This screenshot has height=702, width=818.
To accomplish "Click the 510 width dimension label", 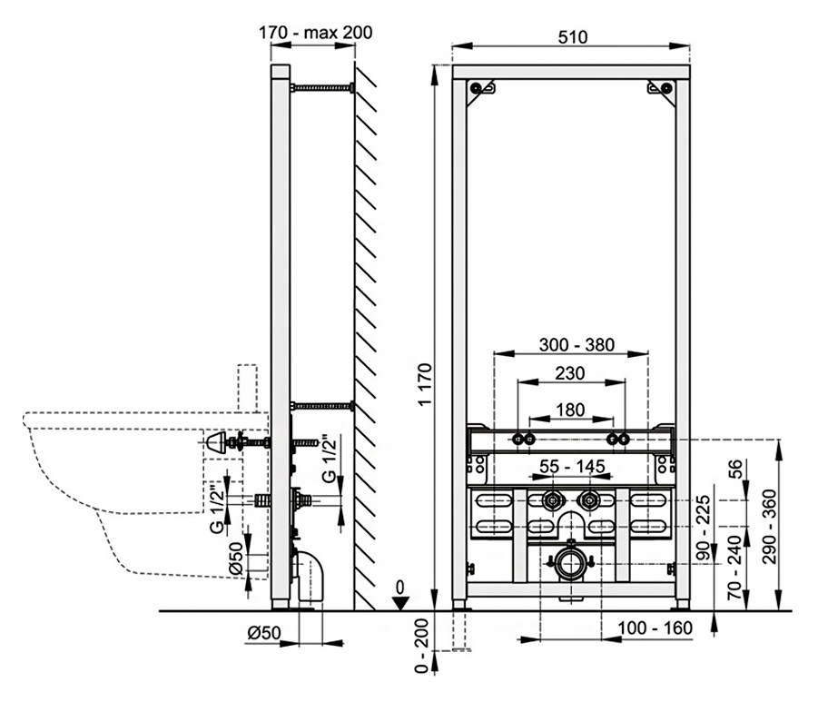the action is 572,37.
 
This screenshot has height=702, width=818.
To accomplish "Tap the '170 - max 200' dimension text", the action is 316,33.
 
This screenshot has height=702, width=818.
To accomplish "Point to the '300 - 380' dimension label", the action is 577,345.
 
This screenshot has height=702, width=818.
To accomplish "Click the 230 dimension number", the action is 569,374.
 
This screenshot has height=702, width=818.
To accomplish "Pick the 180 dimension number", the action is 569,410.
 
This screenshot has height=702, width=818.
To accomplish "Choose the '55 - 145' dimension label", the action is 572,466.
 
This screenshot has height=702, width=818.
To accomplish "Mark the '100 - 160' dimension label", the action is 655,628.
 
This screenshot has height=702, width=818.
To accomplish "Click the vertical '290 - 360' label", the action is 769,527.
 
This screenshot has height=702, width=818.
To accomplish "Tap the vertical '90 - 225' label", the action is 704,529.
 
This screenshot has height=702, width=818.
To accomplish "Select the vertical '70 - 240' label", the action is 734,568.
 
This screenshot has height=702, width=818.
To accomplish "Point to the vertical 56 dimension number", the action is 734,469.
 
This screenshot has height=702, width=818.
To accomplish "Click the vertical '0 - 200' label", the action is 421,647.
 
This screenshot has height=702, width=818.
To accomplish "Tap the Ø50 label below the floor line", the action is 264,633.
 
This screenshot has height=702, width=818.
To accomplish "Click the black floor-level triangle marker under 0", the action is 399,604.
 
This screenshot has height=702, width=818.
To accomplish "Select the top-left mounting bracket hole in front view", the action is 476,88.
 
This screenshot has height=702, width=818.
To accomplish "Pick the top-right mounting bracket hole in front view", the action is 666,88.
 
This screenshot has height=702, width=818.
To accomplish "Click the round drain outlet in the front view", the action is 570,564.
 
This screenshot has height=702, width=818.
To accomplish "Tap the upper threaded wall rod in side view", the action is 322,88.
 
